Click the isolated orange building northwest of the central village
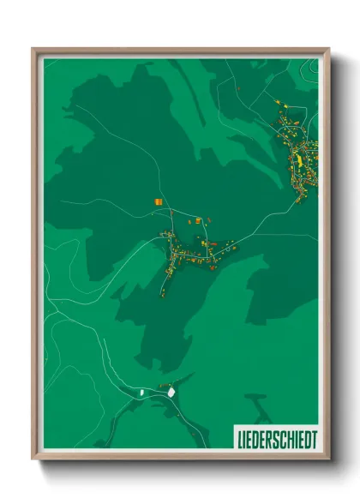[x=158, y=201]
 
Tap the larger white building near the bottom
[x=171, y=391]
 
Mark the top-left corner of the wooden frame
[x=33, y=49]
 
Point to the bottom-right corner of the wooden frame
[x=328, y=459]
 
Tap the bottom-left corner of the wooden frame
[x=33, y=459]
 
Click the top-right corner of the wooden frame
[x=328, y=49]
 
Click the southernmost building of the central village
[x=162, y=294]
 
